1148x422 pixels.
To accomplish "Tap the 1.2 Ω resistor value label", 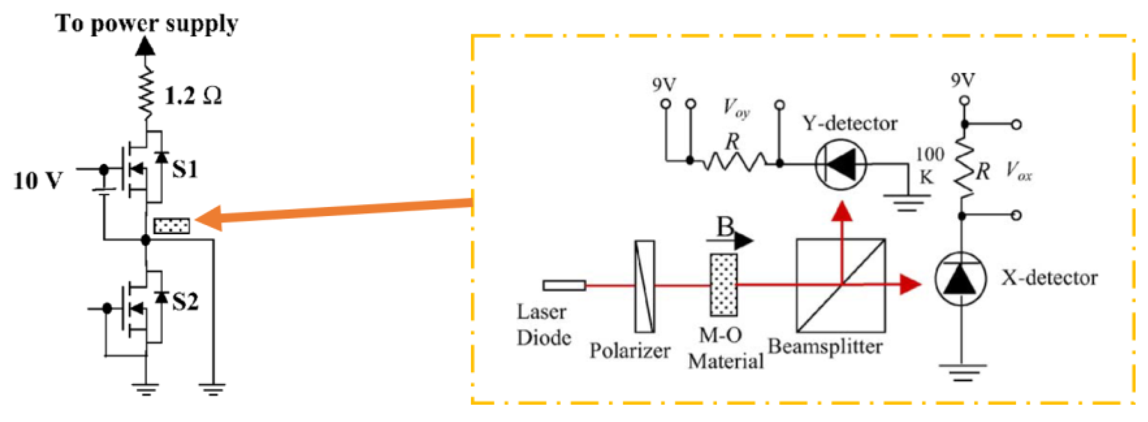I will pyautogui.click(x=193, y=96).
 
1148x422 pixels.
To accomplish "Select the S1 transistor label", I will pyautogui.click(x=185, y=169).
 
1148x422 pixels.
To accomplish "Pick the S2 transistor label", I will pyautogui.click(x=185, y=302).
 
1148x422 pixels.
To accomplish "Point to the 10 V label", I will pyautogui.click(x=38, y=181).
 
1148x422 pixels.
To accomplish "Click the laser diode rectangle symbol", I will pyautogui.click(x=564, y=285).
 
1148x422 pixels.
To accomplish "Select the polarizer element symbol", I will pyautogui.click(x=644, y=287).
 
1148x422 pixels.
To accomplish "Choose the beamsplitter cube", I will pyautogui.click(x=841, y=285).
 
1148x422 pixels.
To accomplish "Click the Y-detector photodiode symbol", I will pyautogui.click(x=841, y=164).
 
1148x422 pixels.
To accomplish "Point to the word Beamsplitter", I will pyautogui.click(x=825, y=347).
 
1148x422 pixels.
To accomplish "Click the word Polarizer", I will pyautogui.click(x=630, y=351).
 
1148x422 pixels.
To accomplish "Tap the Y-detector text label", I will pyautogui.click(x=850, y=123).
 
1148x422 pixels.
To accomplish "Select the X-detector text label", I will pyautogui.click(x=1050, y=278).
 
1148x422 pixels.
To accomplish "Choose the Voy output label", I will pyautogui.click(x=736, y=109).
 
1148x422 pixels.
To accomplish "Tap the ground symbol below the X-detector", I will pyautogui.click(x=962, y=373).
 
